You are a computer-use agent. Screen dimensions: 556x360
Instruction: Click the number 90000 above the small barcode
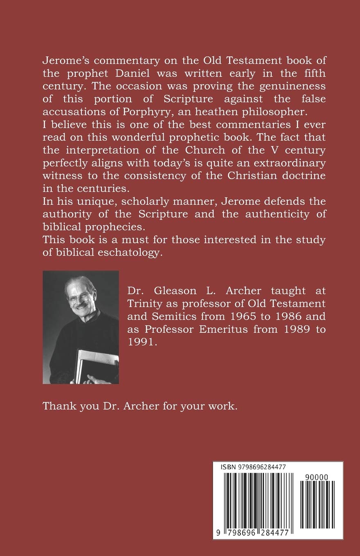(317, 476)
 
